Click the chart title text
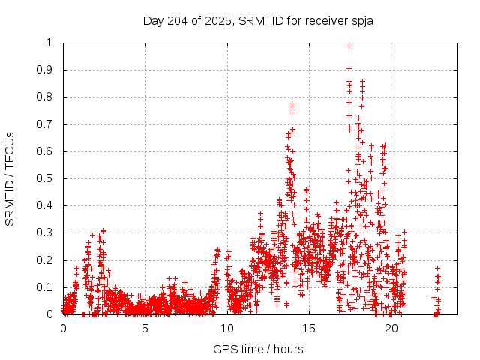pyautogui.click(x=258, y=20)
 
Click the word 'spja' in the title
pyautogui.click(x=361, y=20)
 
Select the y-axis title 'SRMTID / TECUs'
pyautogui.click(x=10, y=178)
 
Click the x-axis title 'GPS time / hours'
pyautogui.click(x=258, y=349)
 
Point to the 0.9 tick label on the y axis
pyautogui.click(x=47, y=70)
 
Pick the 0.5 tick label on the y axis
pyautogui.click(x=47, y=178)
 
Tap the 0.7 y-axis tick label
pyautogui.click(x=47, y=124)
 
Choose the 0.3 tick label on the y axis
pyautogui.click(x=47, y=232)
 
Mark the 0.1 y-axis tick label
pyautogui.click(x=47, y=287)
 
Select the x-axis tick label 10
pyautogui.click(x=227, y=328)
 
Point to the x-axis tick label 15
pyautogui.click(x=310, y=328)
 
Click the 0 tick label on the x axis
pyautogui.click(x=63, y=328)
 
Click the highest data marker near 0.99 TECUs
pyautogui.click(x=349, y=46)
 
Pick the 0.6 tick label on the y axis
pyautogui.click(x=47, y=151)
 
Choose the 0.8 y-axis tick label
pyautogui.click(x=47, y=97)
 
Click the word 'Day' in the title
pyautogui.click(x=153, y=20)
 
